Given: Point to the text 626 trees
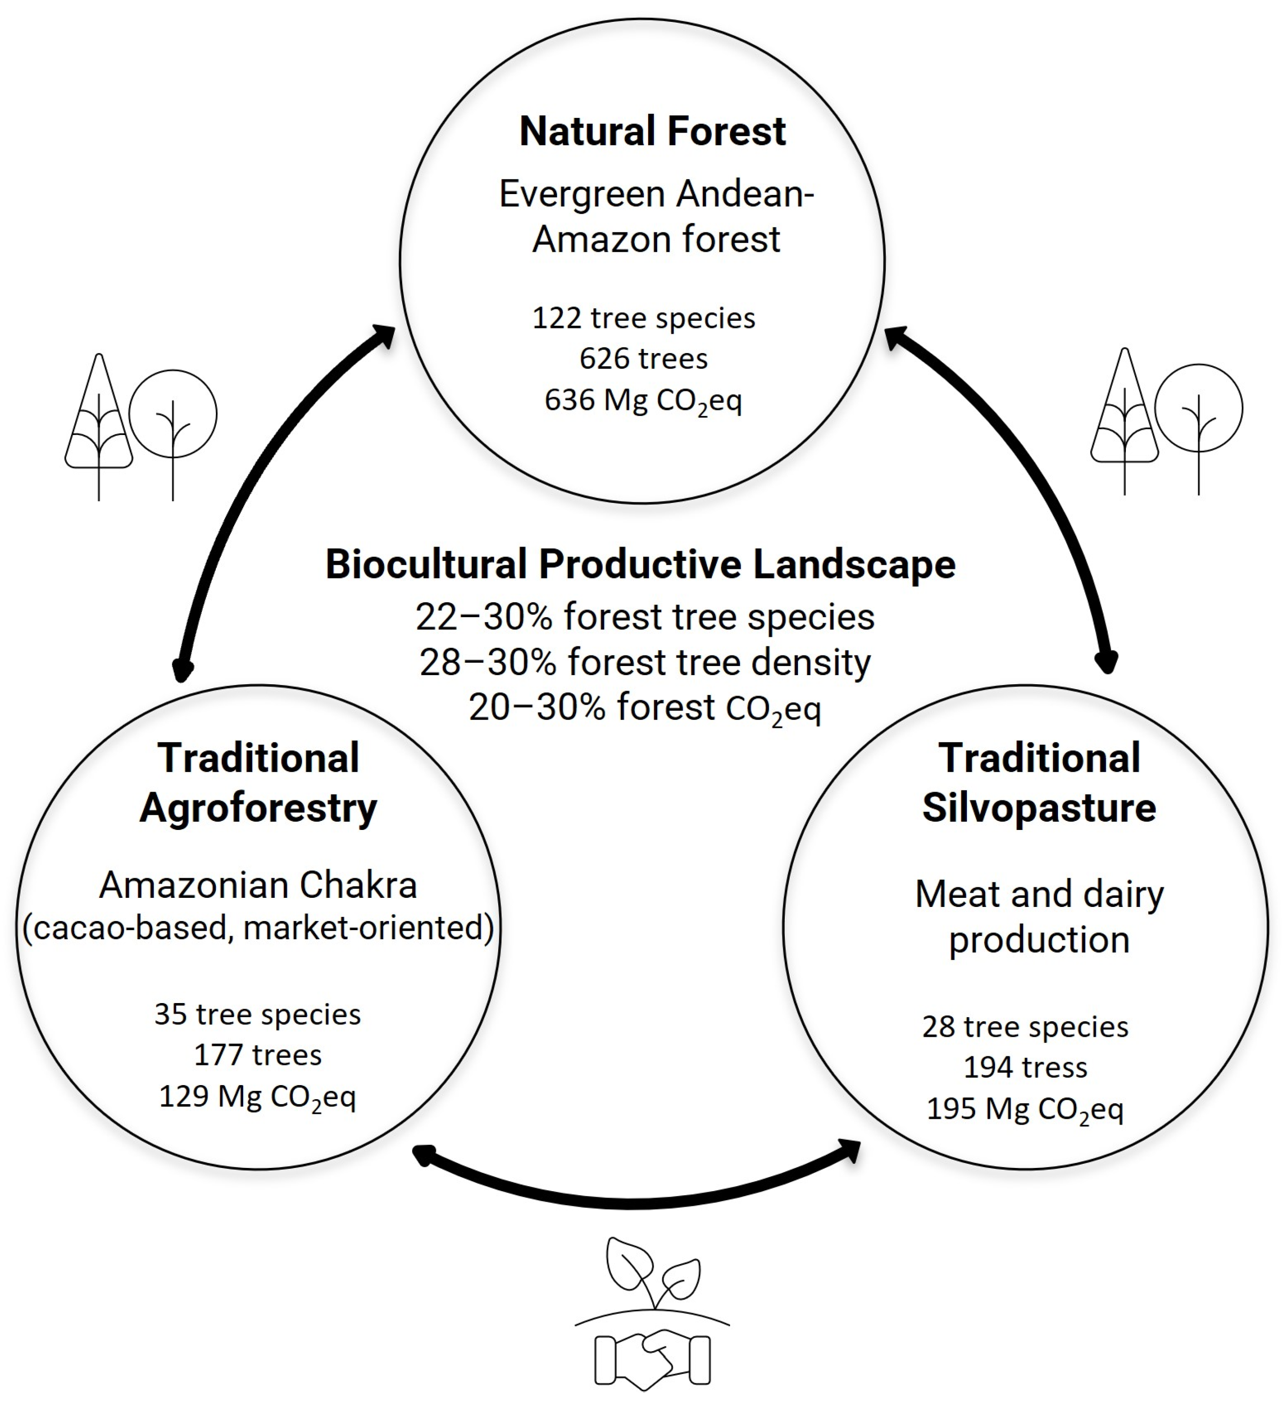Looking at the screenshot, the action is click(x=644, y=359).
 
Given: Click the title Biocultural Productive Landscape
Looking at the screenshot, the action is click(x=640, y=564).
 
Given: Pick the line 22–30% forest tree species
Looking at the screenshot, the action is click(x=645, y=617).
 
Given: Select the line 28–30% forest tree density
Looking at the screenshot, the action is click(x=645, y=662).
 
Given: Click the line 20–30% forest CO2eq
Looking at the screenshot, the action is click(x=645, y=708).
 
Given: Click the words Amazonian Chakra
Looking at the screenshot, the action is click(x=258, y=885).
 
